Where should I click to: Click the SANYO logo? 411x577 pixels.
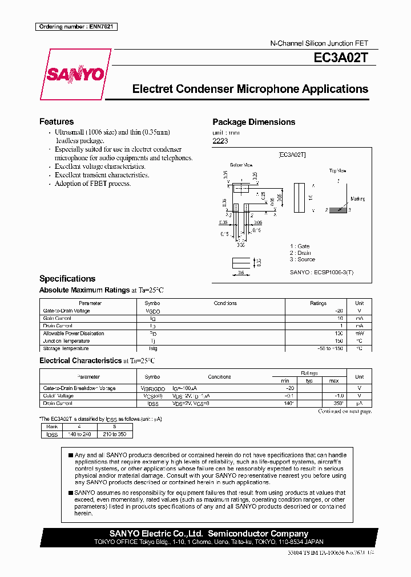point(75,74)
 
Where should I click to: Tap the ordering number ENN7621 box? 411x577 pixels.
point(76,27)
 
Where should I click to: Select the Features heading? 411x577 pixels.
point(56,121)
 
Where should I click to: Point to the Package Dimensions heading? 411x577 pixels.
point(253,122)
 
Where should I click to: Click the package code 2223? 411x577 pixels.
point(220,141)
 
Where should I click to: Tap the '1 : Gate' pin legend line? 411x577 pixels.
point(300,246)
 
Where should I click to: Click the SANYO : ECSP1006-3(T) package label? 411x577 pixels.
point(321,273)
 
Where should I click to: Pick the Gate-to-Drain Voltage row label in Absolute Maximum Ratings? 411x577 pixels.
point(66,311)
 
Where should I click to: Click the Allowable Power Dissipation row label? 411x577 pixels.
point(74,334)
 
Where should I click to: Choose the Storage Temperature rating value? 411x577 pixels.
point(331,348)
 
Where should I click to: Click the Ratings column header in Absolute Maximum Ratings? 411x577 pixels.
point(318,303)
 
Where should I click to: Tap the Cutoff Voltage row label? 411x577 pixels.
point(58,396)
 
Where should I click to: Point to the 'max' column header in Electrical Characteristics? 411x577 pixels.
point(334,380)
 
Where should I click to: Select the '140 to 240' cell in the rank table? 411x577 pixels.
point(80,434)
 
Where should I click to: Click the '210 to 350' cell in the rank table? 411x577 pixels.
point(115,434)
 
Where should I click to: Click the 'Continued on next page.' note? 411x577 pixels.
point(345,411)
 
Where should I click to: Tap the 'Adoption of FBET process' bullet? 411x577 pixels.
point(92,184)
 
